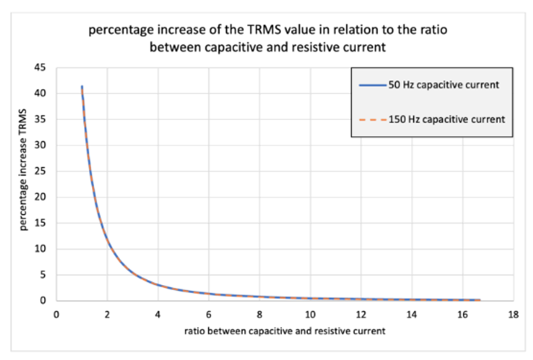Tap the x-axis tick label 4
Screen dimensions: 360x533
pos(158,313)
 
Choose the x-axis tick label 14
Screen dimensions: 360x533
pos(411,313)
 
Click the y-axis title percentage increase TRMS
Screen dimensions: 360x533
pos(24,185)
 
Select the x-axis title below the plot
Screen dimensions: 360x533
pos(284,330)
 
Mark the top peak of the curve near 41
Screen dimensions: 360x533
pos(82,87)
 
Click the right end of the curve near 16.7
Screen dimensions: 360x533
pos(479,300)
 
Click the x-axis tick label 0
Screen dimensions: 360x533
pos(57,313)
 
